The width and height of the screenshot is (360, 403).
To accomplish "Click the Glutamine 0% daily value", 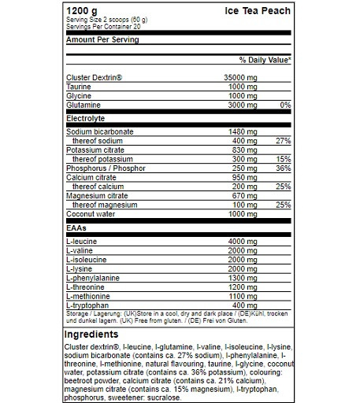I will tap(285, 103).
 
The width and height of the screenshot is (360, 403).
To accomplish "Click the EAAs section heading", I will tap(76, 227).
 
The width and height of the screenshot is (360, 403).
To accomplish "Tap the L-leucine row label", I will tap(82, 240).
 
